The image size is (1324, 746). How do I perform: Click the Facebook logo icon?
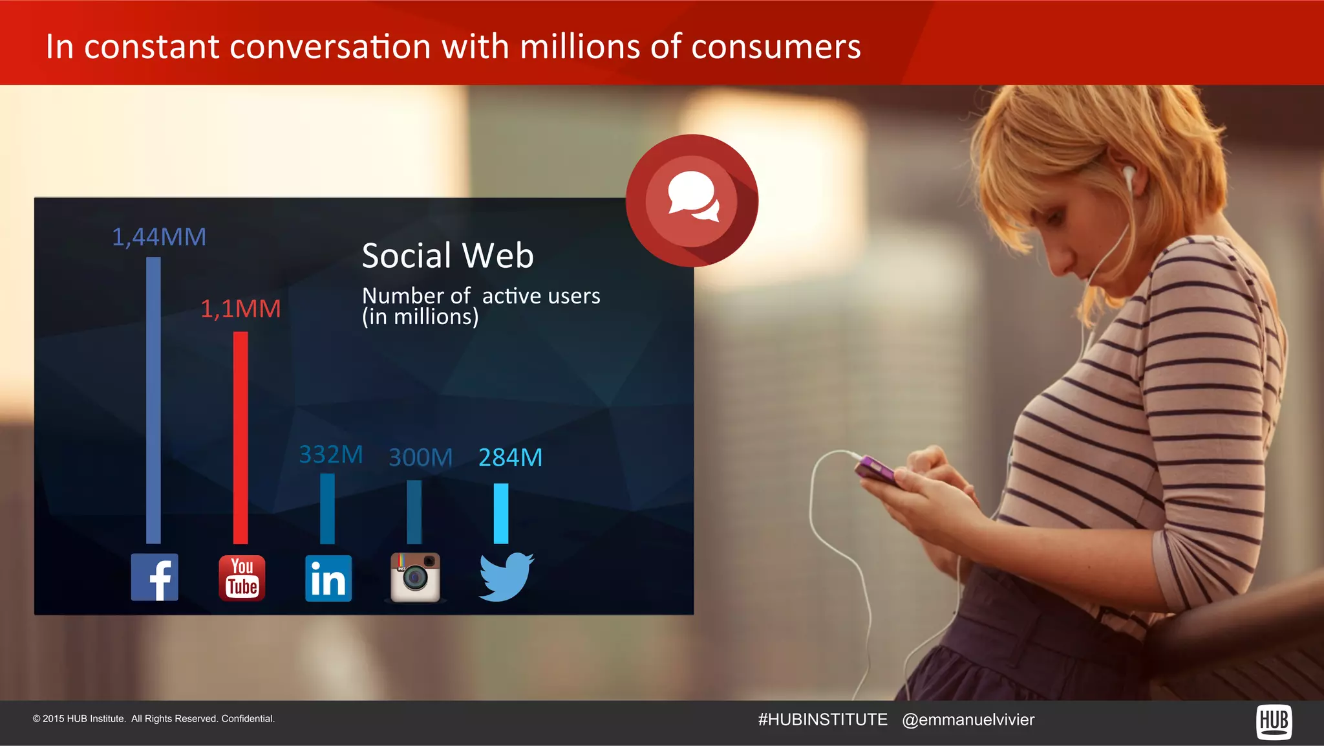coord(155,577)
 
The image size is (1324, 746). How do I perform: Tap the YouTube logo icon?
coord(242,578)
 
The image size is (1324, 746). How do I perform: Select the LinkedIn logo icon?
coord(328,578)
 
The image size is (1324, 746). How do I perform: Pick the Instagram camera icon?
coord(415,577)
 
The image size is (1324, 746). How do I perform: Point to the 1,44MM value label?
coord(159,237)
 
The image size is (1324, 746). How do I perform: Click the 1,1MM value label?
coord(240,309)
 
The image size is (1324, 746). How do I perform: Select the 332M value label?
coord(331,454)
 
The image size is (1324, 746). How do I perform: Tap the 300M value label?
coord(420,457)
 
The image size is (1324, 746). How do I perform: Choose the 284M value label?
coord(510,457)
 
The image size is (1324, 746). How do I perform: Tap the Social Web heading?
coord(447,255)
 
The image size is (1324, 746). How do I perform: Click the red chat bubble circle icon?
coord(692,201)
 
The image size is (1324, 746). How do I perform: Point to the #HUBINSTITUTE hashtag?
coord(822,719)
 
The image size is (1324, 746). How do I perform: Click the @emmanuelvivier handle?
coord(968,719)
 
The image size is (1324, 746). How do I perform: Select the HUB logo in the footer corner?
coord(1274,721)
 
